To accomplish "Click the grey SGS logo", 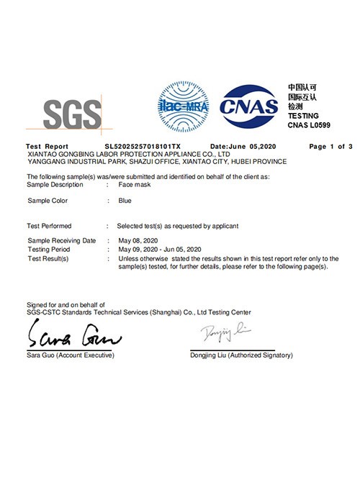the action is (72, 114).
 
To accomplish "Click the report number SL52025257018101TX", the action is (143, 146).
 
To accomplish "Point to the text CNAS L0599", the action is (310, 125).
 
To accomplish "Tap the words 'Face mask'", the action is (135, 185).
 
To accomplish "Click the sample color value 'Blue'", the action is (125, 201).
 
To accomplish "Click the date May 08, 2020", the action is (137, 240).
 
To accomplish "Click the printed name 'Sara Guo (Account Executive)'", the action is (70, 355).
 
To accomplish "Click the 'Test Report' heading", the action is (47, 146).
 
